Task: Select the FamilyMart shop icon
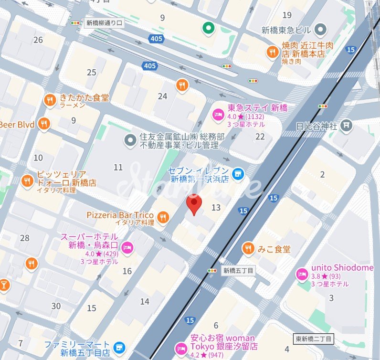[x=119, y=348]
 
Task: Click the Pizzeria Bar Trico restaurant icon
[x=163, y=218]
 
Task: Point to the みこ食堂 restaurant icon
[x=248, y=249]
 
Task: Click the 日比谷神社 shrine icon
[x=347, y=126]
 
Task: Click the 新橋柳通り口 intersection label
[x=104, y=22]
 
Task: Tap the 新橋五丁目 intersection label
[x=238, y=270]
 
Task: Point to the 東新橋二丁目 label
[x=314, y=339]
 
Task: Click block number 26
[x=38, y=40]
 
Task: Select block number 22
[x=260, y=137]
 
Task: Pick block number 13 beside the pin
[x=216, y=207]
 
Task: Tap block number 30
[x=56, y=306]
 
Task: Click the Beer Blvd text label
[x=17, y=124]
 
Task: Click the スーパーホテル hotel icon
[x=127, y=247]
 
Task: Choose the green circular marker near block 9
[x=208, y=29]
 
